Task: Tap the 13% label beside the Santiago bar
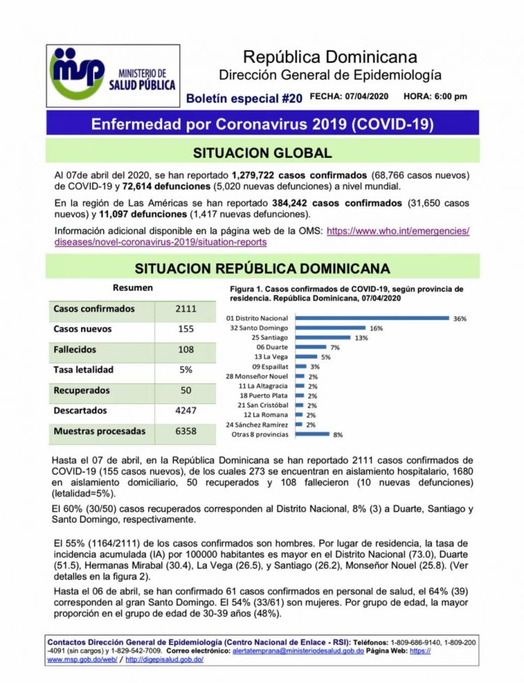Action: click(x=361, y=338)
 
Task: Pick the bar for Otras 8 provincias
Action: click(x=312, y=434)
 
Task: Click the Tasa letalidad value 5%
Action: click(x=186, y=370)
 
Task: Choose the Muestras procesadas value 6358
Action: click(x=186, y=431)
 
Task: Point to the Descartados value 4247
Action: click(x=186, y=411)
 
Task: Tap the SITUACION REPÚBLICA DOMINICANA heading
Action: click(x=262, y=268)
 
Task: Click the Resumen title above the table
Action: click(x=133, y=287)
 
